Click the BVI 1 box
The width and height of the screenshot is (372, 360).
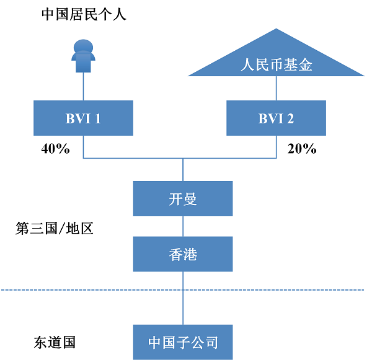(83, 118)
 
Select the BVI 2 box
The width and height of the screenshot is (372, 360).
(276, 118)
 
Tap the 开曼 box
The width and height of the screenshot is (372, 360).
(183, 198)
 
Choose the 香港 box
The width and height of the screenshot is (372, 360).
(183, 254)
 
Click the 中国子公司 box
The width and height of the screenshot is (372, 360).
(183, 342)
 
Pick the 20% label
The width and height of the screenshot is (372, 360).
(302, 149)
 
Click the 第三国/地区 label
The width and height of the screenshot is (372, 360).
(55, 229)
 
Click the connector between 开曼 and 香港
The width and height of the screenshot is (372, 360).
(183, 226)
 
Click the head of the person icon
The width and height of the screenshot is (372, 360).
(83, 45)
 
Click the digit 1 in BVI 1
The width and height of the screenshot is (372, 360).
(97, 118)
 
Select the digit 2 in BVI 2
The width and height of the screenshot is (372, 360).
(290, 118)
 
